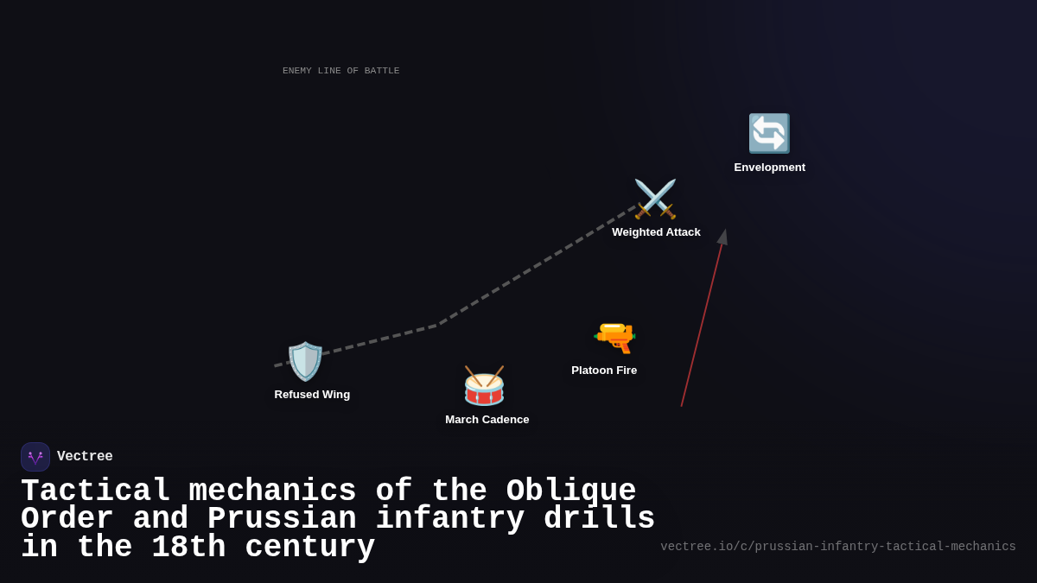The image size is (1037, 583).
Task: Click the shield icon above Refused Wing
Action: coord(305,361)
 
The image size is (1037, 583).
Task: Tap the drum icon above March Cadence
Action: coord(484,386)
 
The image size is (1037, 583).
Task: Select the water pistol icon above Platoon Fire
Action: coord(614,337)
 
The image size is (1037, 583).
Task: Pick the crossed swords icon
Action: coord(655,200)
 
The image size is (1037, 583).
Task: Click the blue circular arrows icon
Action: coord(768,134)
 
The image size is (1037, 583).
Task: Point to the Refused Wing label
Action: coord(312,395)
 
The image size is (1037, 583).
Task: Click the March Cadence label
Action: coord(487,420)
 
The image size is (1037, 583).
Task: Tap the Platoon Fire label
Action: coord(604,371)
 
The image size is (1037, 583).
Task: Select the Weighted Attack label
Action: coord(656,232)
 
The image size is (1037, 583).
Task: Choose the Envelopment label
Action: coord(769,168)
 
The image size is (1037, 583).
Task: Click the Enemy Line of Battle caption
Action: coord(340,71)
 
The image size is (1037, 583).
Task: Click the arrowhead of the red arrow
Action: coord(723,236)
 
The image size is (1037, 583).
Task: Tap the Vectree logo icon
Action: coord(35,457)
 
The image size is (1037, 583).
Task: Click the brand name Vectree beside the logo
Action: coord(85,457)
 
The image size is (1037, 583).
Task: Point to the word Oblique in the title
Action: coord(570,491)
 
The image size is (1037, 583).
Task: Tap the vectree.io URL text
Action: coord(837,547)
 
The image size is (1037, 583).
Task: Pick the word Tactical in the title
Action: coord(95,491)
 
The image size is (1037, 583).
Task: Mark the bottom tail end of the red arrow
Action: coord(682,405)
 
